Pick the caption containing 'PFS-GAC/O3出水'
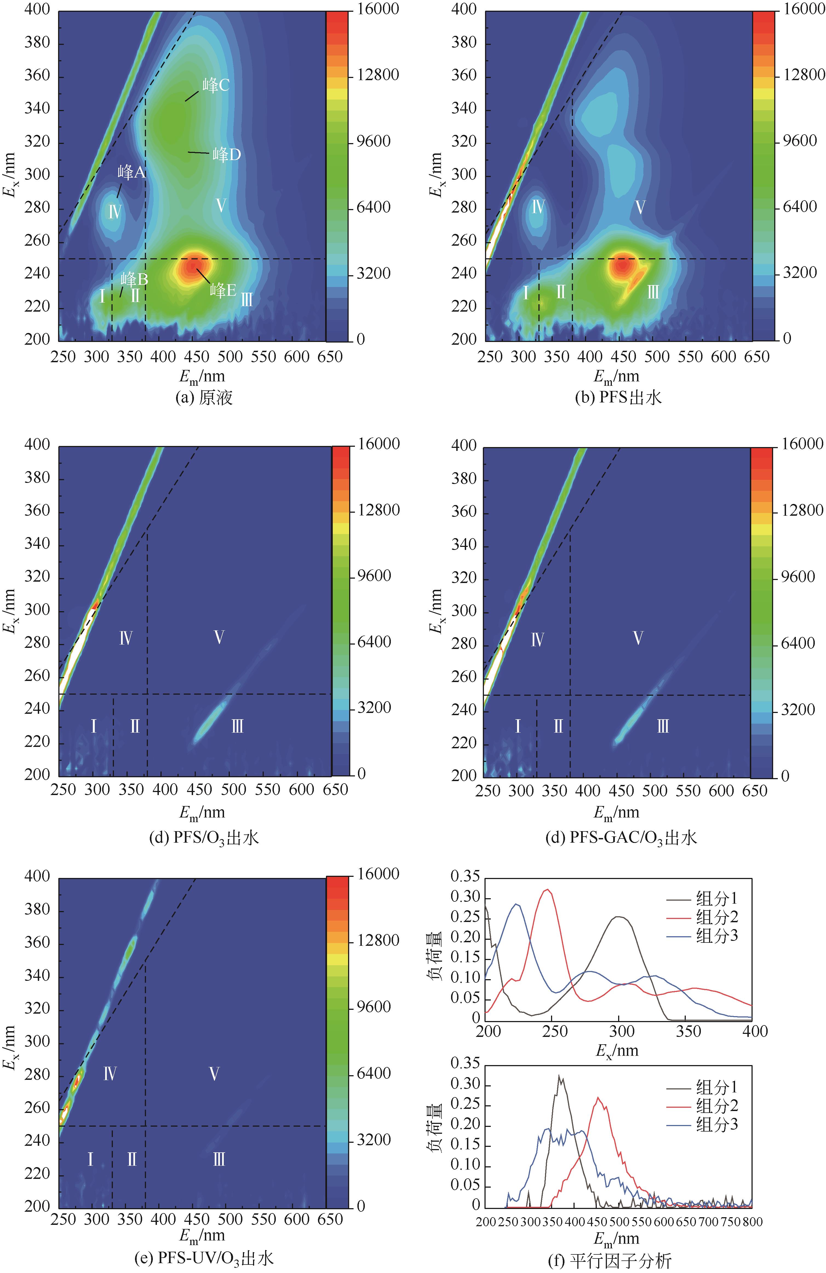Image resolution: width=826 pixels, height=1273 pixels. click(621, 837)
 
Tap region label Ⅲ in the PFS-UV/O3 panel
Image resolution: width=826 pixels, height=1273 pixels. click(219, 1160)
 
